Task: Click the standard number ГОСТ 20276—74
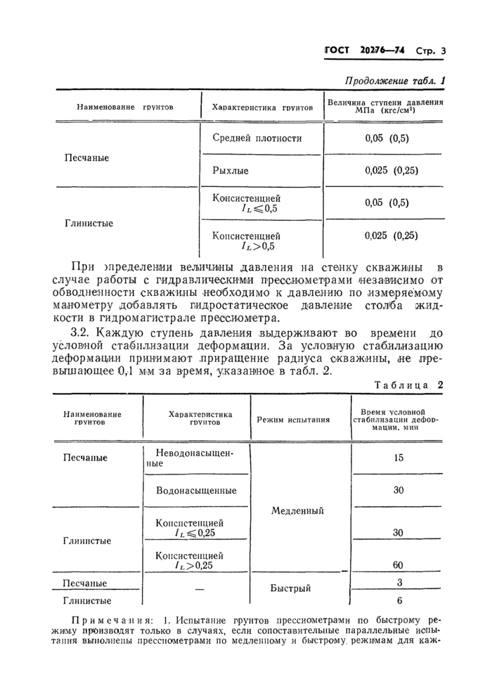(x=365, y=51)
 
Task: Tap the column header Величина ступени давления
(x=386, y=106)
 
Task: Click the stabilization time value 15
(x=398, y=458)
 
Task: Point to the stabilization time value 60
(x=398, y=564)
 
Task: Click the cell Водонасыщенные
(x=195, y=490)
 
